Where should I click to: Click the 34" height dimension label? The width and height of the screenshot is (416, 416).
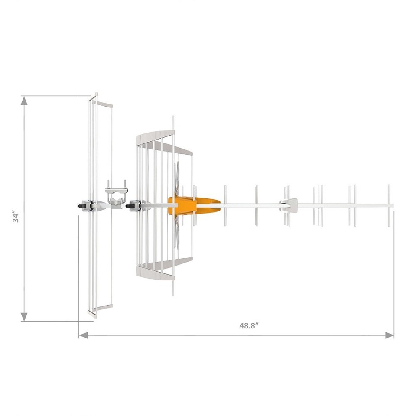[16, 217]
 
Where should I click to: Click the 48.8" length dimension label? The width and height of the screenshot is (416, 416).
[249, 326]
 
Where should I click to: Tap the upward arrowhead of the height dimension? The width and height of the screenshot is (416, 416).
[24, 101]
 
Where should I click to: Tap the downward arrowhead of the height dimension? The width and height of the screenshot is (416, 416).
[24, 317]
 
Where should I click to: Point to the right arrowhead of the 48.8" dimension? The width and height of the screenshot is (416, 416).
[390, 335]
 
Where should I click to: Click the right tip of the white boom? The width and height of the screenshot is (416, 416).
[392, 206]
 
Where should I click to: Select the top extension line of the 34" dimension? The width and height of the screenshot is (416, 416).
[56, 96]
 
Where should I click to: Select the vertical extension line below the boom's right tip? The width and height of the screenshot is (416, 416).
[393, 269]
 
